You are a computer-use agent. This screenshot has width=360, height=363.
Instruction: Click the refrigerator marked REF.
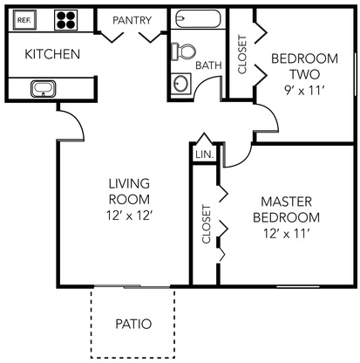coord(24,20)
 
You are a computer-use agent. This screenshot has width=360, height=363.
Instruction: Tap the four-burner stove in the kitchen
coord(66,20)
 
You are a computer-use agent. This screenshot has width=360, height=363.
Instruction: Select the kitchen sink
coord(43,88)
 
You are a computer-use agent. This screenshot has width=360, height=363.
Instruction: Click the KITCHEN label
coord(52,54)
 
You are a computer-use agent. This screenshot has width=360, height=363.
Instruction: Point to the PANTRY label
coord(132,20)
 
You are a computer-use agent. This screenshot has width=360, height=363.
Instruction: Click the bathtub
coord(199,19)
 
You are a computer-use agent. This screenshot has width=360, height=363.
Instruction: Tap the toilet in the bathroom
coord(183,51)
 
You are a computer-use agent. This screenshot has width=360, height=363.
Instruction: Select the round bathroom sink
coord(180,84)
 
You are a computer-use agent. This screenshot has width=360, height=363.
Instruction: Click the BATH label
coord(208,65)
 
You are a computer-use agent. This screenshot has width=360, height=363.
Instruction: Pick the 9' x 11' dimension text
coord(304,91)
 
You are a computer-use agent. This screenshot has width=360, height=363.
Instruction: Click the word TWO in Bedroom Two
coord(304,74)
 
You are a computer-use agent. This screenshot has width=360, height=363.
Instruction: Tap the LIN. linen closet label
coord(205,154)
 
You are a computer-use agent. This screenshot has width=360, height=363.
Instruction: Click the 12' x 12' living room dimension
coord(130,216)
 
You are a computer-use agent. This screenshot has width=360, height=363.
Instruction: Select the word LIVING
coord(129,183)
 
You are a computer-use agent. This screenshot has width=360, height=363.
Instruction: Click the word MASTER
coord(287,202)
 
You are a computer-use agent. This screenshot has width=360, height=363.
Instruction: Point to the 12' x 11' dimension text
coord(287,234)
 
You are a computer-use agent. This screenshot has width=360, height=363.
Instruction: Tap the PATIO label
coord(133,324)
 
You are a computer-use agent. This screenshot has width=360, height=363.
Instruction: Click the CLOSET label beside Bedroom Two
coord(242,54)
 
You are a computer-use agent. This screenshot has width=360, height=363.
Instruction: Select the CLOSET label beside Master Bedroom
coord(206,224)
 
